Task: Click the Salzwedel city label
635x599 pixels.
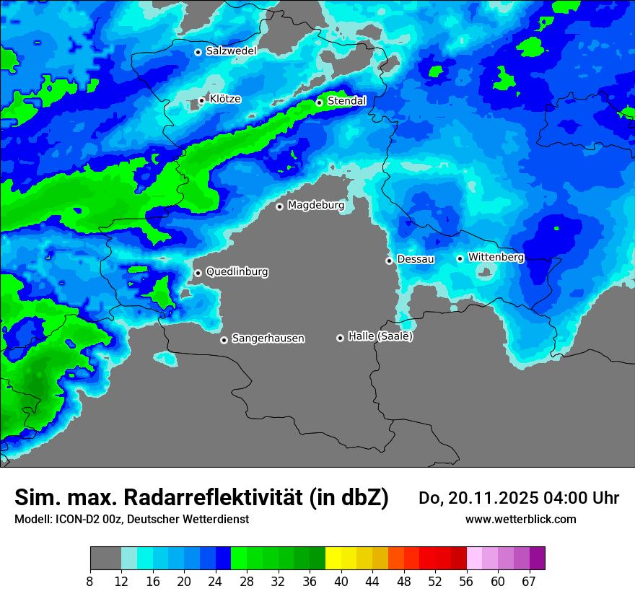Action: pos(231,51)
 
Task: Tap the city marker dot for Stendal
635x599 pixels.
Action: pos(319,102)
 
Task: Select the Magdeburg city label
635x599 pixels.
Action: pos(316,206)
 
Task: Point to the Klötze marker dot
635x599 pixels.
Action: pos(201,101)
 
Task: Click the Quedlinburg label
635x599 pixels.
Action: pos(237,272)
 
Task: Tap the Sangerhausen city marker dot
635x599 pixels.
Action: pos(224,340)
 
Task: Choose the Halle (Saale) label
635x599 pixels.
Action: pos(380,336)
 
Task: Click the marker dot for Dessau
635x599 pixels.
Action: pos(389,261)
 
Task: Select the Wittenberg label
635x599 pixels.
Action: pos(496,257)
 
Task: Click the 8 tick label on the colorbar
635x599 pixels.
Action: pos(90,581)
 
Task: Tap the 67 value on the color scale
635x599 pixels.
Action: pos(529,581)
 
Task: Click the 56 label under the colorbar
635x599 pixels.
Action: pos(467,581)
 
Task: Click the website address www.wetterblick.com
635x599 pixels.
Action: pos(520,520)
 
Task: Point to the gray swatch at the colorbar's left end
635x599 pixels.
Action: pos(105,559)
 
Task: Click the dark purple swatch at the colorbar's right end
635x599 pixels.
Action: pos(537,559)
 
